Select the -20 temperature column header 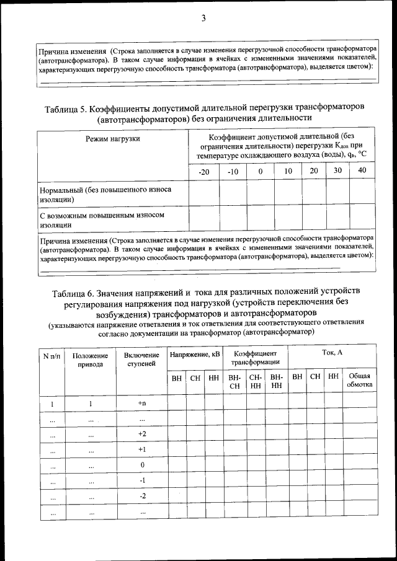(203, 171)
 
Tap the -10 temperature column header (233, 171)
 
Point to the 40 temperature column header (362, 170)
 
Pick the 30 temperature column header (338, 170)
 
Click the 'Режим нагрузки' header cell (112, 139)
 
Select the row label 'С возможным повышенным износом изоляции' (102, 219)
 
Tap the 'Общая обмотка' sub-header (360, 380)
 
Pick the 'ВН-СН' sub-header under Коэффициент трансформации (234, 381)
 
